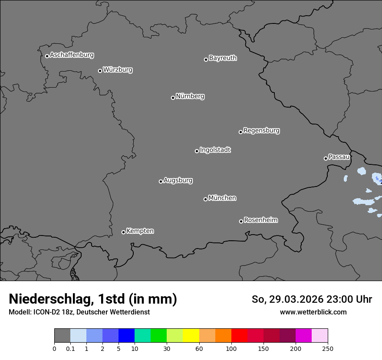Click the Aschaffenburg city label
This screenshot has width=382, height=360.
tap(72, 55)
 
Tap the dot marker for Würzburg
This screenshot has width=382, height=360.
tap(100, 71)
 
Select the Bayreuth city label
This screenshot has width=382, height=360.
tap(223, 58)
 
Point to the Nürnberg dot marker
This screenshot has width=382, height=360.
tap(173, 98)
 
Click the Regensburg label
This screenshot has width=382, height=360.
tap(261, 131)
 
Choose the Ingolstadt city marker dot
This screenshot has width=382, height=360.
tap(197, 151)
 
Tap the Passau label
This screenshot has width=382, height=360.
tap(339, 157)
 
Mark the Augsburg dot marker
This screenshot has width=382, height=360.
tap(161, 181)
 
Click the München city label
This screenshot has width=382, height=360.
tap(222, 198)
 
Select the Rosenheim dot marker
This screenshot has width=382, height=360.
tap(241, 222)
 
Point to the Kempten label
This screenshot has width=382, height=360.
tap(140, 231)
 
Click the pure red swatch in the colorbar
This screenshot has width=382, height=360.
tap(239, 336)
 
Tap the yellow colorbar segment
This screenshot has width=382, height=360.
tap(191, 336)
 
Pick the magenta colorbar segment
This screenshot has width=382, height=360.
tap(303, 336)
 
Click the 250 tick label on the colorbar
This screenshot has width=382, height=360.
tap(328, 348)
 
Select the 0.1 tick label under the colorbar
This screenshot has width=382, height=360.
tap(70, 348)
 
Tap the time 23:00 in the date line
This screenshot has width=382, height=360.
tap(342, 299)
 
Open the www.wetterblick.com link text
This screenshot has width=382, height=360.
tap(313, 312)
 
